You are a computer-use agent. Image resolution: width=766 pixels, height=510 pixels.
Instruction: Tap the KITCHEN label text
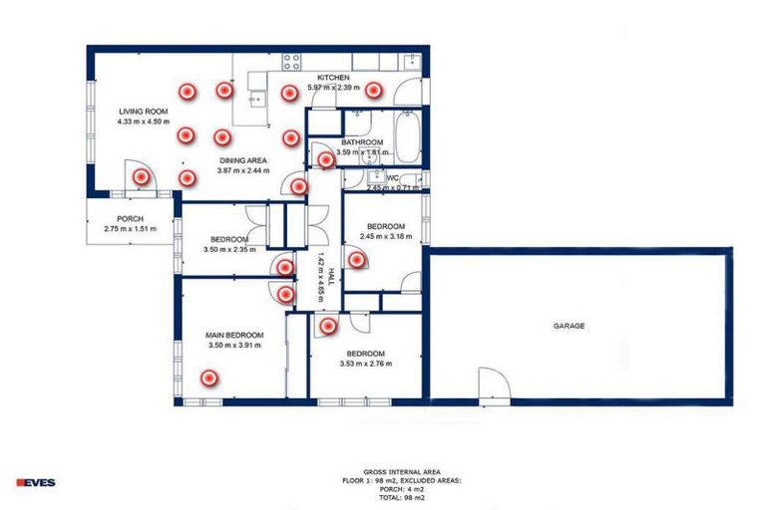click(333, 78)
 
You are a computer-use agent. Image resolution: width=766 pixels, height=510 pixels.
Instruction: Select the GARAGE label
click(570, 326)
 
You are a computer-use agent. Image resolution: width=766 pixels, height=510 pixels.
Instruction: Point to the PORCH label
click(130, 219)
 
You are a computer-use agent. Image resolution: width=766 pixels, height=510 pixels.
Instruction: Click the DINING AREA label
click(242, 159)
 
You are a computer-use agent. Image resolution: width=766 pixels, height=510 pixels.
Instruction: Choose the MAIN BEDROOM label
click(234, 335)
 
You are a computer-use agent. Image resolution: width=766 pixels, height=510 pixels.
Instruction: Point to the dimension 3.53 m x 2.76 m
click(365, 365)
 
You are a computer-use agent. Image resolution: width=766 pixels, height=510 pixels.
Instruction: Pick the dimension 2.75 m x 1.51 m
click(131, 230)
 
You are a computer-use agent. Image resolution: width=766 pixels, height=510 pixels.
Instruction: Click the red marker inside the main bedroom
click(208, 378)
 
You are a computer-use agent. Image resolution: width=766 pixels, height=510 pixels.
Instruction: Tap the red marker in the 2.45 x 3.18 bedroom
click(356, 259)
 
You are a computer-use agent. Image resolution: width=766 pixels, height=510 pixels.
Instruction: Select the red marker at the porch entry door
click(142, 176)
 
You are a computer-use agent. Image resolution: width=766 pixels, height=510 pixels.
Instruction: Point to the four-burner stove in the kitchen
click(291, 61)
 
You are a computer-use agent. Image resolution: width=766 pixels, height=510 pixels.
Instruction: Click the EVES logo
click(36, 482)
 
